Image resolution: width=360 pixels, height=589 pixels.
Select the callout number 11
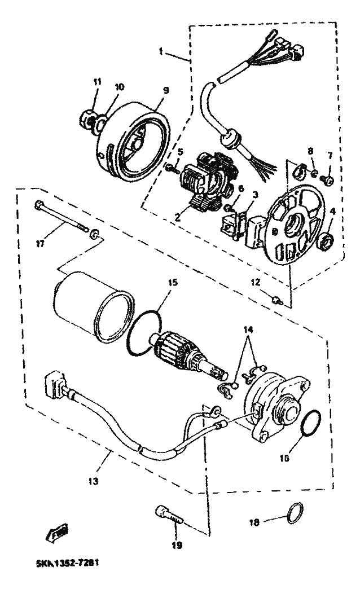coord(96,82)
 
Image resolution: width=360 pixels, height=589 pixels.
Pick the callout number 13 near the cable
coord(93,481)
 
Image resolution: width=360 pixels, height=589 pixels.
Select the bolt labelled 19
coord(167,515)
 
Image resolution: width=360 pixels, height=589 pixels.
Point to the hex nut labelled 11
coord(88,120)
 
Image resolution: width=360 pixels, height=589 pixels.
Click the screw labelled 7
coord(327,181)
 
